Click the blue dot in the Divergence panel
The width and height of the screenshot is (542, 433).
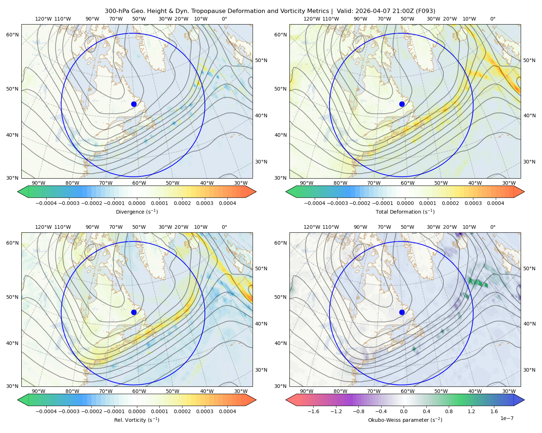point(134,104)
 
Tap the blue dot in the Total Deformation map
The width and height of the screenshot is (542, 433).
point(402,104)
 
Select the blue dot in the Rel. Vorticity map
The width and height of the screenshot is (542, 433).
point(134,312)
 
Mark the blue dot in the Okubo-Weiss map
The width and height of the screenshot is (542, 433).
point(402,312)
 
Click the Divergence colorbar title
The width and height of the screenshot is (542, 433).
point(137,212)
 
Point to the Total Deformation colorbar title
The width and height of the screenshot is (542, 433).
point(405,212)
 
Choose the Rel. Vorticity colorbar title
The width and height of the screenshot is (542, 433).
point(137,420)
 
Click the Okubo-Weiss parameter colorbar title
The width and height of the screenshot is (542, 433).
point(405,420)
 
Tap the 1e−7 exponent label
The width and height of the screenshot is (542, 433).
point(507,418)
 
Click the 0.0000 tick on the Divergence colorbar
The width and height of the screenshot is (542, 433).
point(137,203)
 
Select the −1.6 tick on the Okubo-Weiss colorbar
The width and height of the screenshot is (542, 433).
point(313,411)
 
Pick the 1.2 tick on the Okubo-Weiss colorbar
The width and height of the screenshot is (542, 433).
point(471,411)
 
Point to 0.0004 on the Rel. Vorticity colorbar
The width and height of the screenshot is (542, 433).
point(227,411)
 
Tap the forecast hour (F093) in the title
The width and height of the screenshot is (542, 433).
point(425,11)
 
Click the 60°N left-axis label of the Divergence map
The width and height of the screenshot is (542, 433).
point(12,35)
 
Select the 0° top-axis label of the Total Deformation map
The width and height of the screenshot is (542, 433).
point(492,19)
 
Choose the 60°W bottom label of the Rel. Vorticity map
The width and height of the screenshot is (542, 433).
point(139,391)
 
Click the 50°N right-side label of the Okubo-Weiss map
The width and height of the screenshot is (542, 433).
point(529,268)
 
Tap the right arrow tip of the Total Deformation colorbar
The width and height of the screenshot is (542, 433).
point(524,192)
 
